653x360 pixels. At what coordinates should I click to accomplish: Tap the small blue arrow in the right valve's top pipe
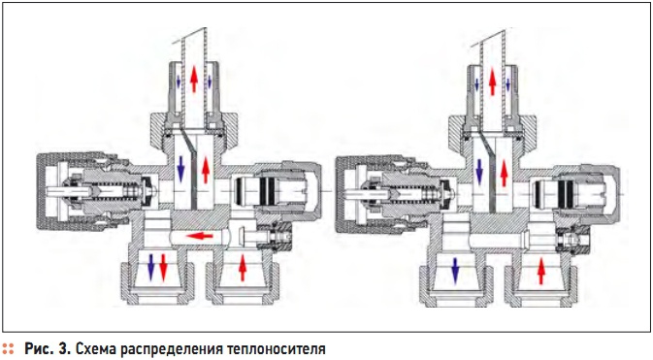pyautogui.click(x=478, y=84)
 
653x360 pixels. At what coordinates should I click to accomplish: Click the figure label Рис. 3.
pyautogui.click(x=46, y=346)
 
